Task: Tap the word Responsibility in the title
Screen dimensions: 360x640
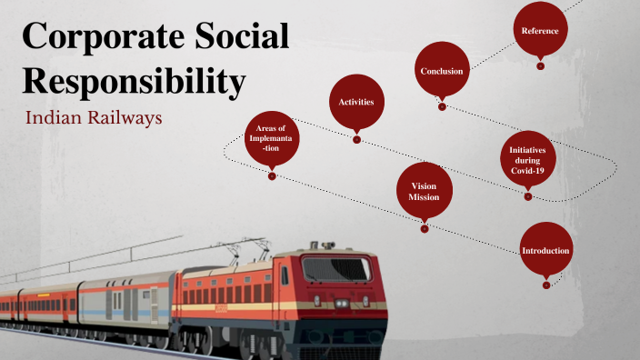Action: coord(134,81)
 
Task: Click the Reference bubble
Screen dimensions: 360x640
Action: coord(540,31)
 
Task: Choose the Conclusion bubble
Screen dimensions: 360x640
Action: coord(442,71)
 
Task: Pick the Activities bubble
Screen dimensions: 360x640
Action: coord(356,102)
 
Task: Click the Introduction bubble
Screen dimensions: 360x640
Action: coord(545,250)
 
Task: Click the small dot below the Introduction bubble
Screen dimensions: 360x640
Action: coord(545,285)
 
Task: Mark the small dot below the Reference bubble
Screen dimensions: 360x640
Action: coord(540,65)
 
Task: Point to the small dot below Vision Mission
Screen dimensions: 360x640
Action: coord(424,228)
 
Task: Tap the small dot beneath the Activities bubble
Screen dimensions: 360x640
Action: coord(356,139)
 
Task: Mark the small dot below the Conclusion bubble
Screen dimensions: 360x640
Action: coord(442,106)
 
